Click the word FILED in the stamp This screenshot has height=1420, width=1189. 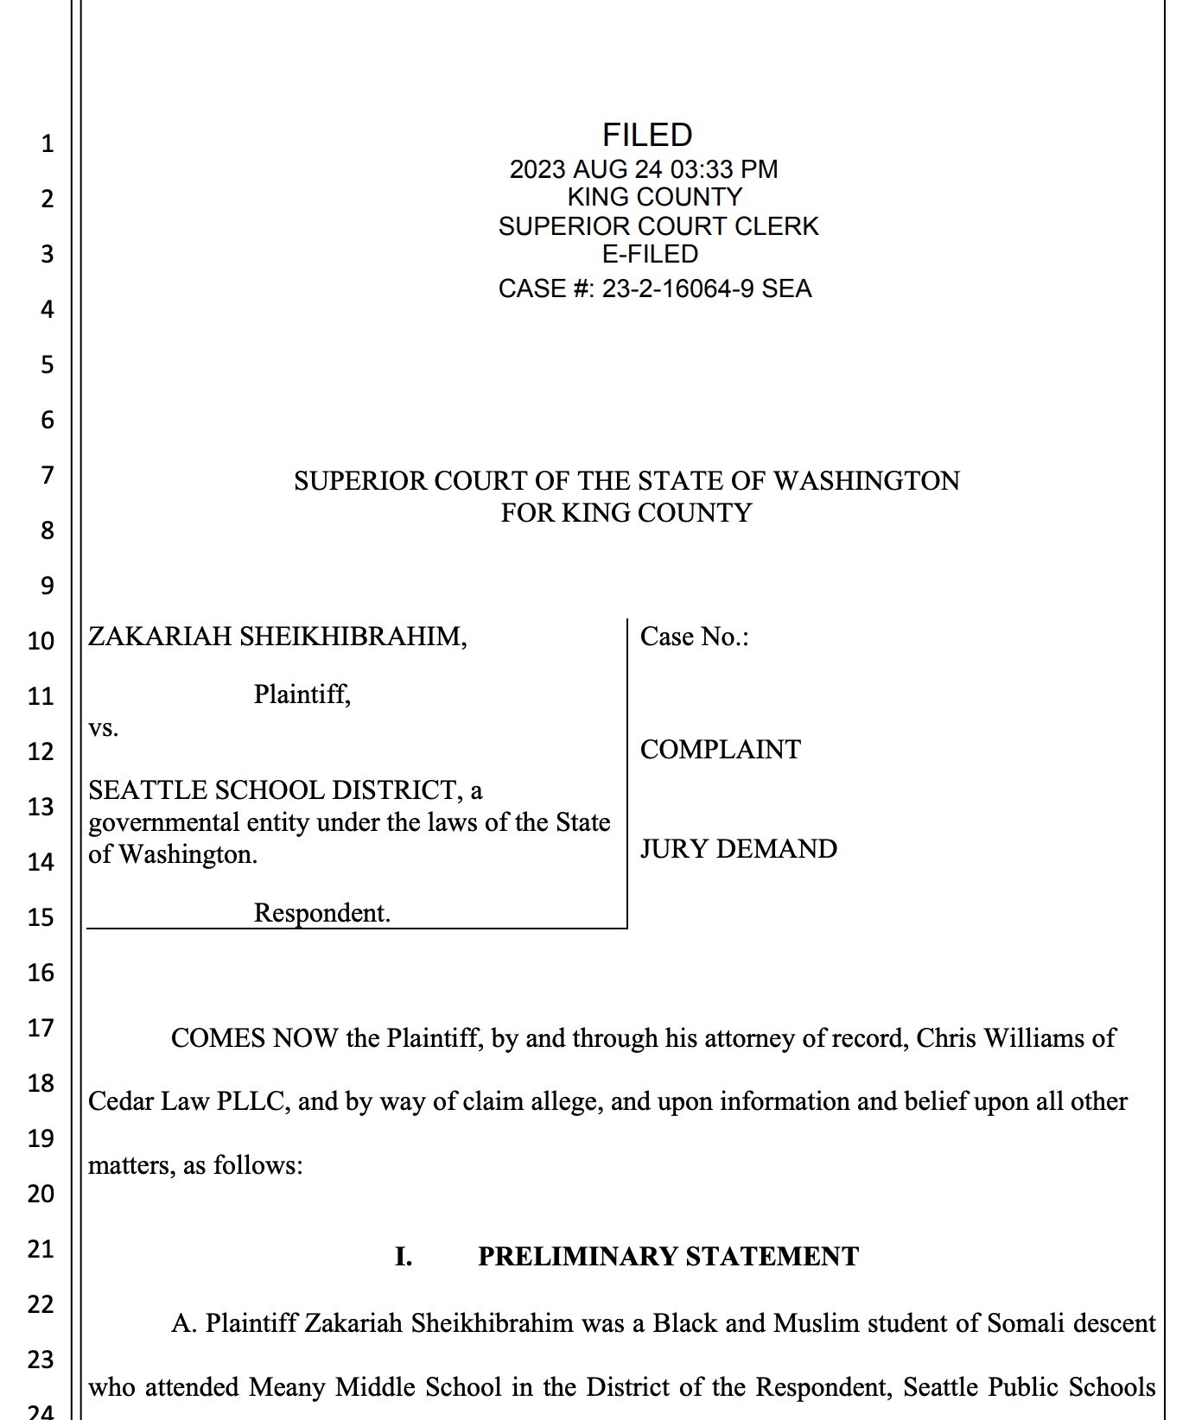click(x=647, y=135)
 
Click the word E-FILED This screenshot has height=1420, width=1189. click(x=650, y=254)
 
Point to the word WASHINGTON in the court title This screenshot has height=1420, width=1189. click(x=866, y=481)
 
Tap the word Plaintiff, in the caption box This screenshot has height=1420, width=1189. click(x=302, y=694)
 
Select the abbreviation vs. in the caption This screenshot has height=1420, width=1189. click(x=104, y=728)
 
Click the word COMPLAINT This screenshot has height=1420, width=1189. click(x=720, y=750)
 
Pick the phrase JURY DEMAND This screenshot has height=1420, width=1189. click(x=738, y=849)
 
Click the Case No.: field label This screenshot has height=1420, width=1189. click(x=694, y=637)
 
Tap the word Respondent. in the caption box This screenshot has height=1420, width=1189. click(x=321, y=913)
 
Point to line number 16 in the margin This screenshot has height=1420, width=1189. click(x=41, y=973)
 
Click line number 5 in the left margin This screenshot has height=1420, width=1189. click(x=47, y=365)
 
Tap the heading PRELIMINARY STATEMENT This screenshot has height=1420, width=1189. click(x=668, y=1256)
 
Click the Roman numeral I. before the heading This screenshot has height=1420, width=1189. click(x=403, y=1256)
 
